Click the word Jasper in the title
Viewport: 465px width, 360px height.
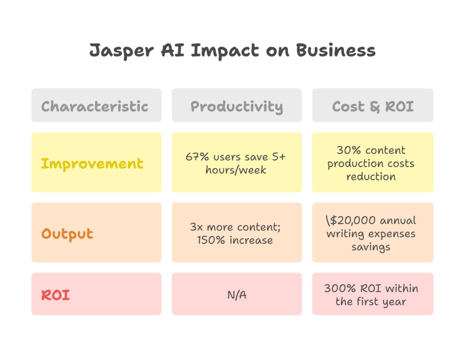click(122, 51)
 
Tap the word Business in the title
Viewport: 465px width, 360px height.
click(336, 50)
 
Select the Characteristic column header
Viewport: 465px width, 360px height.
click(94, 106)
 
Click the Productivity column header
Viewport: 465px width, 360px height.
click(237, 107)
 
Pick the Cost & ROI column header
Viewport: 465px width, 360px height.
click(373, 107)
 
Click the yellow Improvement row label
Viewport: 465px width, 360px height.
click(92, 164)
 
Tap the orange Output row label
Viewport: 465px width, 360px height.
click(67, 234)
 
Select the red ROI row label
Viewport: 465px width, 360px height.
click(55, 295)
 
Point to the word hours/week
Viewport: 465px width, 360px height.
click(236, 170)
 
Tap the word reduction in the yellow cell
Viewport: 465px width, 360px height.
click(371, 177)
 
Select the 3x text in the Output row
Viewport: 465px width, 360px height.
click(196, 227)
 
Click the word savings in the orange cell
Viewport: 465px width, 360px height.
click(371, 247)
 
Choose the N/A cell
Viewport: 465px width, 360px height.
click(237, 295)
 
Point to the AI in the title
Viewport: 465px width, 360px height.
click(173, 50)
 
